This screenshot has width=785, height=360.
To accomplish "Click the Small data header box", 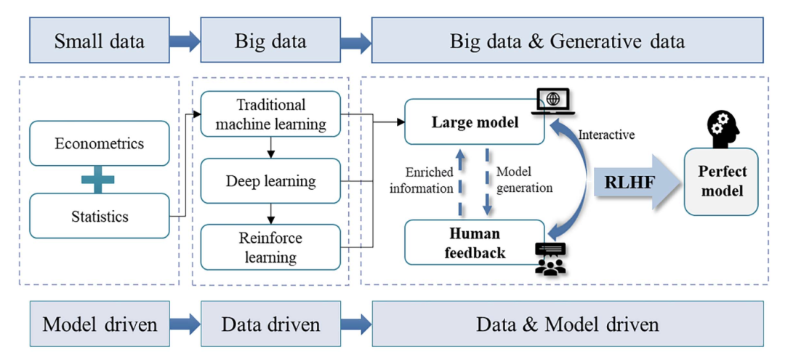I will (100, 41).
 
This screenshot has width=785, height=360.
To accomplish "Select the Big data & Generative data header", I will (567, 41).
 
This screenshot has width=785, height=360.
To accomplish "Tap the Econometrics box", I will (100, 143).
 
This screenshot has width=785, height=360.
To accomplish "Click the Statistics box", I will (100, 216).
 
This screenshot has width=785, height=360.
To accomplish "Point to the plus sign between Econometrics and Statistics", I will (97, 180).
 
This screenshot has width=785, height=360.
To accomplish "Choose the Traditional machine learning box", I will (270, 115).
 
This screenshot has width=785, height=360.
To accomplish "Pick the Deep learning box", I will (270, 180).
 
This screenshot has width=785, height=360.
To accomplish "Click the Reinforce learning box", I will (270, 247).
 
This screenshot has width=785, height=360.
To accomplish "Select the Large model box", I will (475, 122).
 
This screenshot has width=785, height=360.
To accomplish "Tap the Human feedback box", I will (475, 243).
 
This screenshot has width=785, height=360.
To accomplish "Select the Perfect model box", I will (721, 182).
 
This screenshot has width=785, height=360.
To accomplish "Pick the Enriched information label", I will (422, 180).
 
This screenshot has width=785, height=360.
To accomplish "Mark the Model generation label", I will (524, 180).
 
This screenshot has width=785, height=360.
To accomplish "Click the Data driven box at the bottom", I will (270, 324).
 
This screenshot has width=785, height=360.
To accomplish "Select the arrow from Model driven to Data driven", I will (185, 324).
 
